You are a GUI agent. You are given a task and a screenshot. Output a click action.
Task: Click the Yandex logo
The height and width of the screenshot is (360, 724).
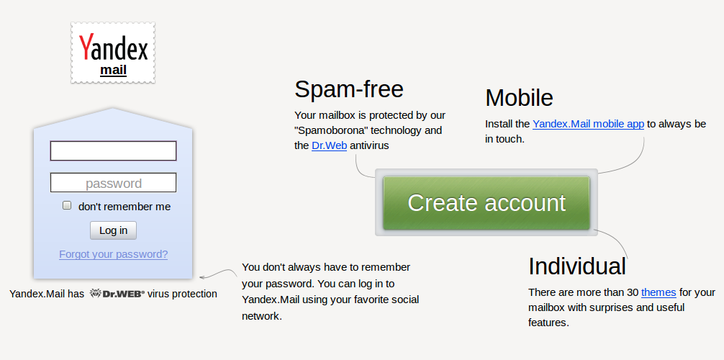coord(113,48)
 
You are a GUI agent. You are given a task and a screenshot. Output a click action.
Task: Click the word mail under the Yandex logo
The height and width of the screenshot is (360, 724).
coord(113,70)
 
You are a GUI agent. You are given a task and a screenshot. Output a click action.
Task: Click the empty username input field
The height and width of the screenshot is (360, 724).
coord(113,151)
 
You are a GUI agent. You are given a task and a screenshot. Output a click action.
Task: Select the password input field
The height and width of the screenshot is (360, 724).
coord(113,183)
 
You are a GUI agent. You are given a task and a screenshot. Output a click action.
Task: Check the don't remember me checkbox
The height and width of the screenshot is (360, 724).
coord(67,206)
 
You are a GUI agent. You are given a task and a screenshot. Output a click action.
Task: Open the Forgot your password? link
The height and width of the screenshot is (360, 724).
coord(113,254)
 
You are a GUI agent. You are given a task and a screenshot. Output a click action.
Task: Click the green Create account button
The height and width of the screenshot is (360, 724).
coord(487,203)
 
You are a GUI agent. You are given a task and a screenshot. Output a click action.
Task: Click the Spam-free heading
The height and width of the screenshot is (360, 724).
coord(348,89)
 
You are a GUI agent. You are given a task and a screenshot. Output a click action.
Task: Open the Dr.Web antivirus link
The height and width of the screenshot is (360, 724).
coord(329,145)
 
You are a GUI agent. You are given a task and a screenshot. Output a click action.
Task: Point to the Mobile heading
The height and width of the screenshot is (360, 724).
coord(519,98)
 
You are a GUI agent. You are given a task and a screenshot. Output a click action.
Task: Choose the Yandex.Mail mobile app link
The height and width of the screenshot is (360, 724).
coord(588,124)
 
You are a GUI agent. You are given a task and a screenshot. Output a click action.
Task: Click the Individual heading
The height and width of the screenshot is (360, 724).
coord(576,266)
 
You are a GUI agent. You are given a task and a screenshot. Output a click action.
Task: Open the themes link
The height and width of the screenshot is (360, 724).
coord(659,292)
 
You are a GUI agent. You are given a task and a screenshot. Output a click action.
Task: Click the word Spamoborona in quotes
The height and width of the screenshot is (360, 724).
coord(330,130)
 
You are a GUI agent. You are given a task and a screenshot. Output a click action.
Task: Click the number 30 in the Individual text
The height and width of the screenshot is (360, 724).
coord(631,292)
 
